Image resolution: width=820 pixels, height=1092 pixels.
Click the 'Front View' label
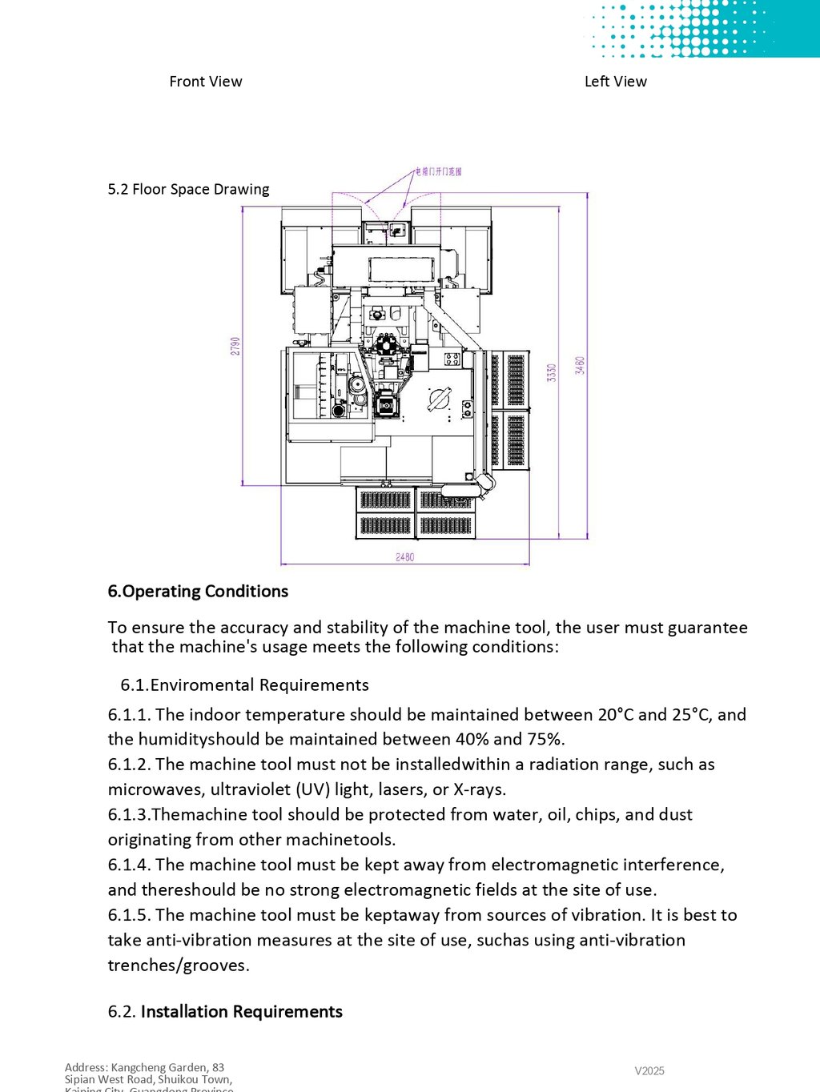tap(206, 82)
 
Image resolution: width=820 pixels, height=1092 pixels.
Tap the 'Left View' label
tap(615, 82)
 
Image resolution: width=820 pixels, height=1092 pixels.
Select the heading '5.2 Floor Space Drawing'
tap(188, 190)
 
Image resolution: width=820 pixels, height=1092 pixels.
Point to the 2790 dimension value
tap(235, 346)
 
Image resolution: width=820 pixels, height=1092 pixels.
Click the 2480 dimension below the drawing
tap(405, 557)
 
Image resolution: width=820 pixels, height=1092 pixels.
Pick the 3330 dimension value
tap(552, 372)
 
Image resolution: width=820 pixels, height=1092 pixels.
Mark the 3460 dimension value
tap(580, 366)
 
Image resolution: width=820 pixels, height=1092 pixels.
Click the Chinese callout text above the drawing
tap(438, 171)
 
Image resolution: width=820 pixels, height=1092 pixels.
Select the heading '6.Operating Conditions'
tap(198, 592)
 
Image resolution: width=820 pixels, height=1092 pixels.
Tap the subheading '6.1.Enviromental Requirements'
tap(244, 685)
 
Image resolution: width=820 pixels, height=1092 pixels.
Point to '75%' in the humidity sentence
tap(545, 740)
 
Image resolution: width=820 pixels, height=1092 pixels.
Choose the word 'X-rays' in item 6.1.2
tap(478, 790)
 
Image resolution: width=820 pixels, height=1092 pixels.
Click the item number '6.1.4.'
tap(129, 865)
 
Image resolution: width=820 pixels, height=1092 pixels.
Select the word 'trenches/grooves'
tap(177, 966)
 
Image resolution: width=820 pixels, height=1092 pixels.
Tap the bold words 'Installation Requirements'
tap(241, 1012)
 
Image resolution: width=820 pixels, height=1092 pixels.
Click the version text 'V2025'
tap(649, 1071)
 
